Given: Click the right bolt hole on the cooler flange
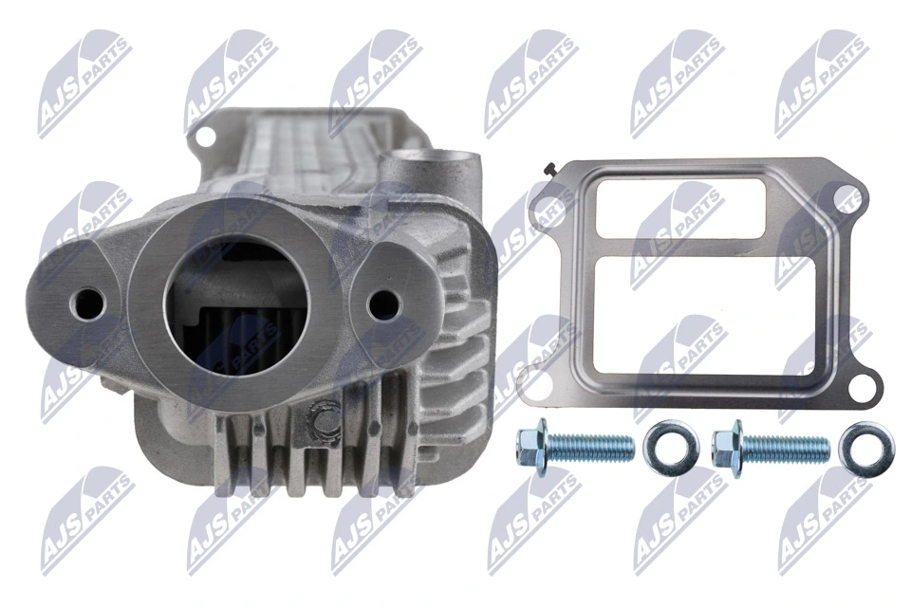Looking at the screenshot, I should [383, 304].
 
